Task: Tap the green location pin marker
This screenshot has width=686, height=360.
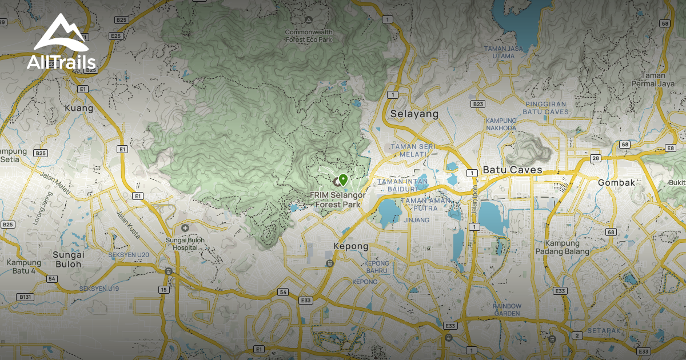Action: tap(342, 180)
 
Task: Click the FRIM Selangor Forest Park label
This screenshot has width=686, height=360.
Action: tap(337, 199)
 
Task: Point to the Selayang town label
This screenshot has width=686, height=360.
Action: tap(414, 114)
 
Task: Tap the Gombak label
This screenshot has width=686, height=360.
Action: tap(616, 183)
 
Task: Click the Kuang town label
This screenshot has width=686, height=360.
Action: tap(79, 107)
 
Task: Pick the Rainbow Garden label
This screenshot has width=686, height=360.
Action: tap(507, 310)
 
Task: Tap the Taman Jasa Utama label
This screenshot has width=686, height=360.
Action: tap(503, 52)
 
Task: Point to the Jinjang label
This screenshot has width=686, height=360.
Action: tap(417, 220)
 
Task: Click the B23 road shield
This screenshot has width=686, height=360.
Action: tap(478, 104)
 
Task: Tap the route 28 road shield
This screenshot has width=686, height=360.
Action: tap(596, 158)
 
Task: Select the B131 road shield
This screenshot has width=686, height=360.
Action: tap(25, 297)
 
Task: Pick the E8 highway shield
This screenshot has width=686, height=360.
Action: tap(671, 149)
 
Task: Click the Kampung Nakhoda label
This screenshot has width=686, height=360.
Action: tap(501, 124)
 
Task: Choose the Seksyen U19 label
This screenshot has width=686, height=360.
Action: tap(99, 289)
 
